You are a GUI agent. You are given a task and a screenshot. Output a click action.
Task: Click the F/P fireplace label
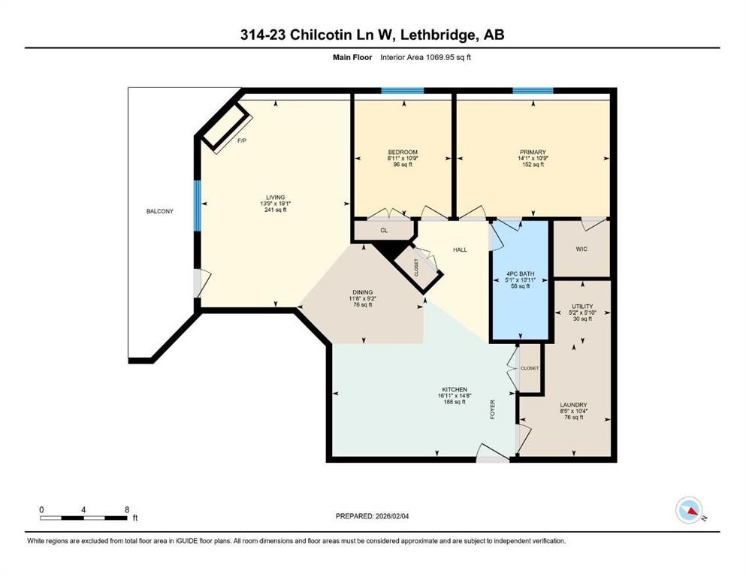pyautogui.click(x=241, y=141)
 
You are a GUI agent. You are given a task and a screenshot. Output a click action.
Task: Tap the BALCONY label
pyautogui.click(x=159, y=211)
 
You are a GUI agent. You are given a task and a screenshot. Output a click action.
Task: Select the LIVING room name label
pyautogui.click(x=273, y=197)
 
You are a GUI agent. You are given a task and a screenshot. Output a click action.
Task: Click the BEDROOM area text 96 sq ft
pyautogui.click(x=402, y=165)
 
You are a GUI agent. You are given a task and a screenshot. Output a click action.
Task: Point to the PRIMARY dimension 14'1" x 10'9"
pyautogui.click(x=532, y=159)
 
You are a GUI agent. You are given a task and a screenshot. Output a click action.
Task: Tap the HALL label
pyautogui.click(x=460, y=249)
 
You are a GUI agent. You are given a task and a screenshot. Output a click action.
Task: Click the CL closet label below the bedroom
pyautogui.click(x=383, y=231)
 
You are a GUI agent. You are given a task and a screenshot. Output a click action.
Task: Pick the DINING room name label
pyautogui.click(x=363, y=292)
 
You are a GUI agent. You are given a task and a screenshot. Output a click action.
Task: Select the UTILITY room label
pyautogui.click(x=582, y=306)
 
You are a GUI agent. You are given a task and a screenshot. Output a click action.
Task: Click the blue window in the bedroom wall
pyautogui.click(x=402, y=91)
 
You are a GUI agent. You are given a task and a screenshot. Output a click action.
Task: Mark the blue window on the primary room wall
pyautogui.click(x=533, y=91)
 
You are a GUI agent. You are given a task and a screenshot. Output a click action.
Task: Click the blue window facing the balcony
pyautogui.click(x=198, y=205)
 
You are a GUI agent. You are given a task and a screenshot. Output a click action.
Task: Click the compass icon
pyautogui.click(x=688, y=510)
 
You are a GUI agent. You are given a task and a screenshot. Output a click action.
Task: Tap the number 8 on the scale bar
pyautogui.click(x=126, y=509)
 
